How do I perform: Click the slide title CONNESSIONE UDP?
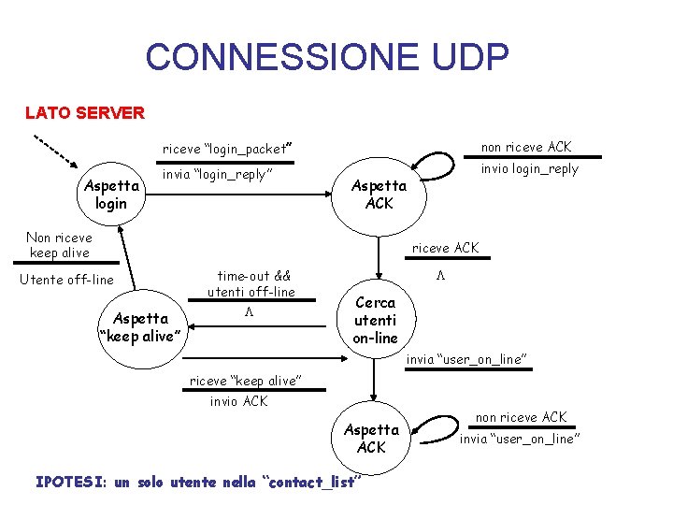click(x=326, y=57)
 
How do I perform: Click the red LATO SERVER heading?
click(x=85, y=113)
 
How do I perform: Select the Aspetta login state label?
click(x=111, y=195)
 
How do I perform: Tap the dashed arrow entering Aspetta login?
click(x=57, y=154)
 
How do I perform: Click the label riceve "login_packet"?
click(x=228, y=149)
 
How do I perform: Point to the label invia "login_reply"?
click(x=218, y=174)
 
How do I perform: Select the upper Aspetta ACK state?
click(x=379, y=195)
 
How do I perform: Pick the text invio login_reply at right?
click(x=530, y=169)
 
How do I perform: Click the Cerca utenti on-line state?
click(x=375, y=320)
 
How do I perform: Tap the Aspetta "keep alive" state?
click(x=140, y=327)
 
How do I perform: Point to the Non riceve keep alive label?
click(x=58, y=245)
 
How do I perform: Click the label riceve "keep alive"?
click(x=245, y=381)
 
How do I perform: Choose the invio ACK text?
click(x=238, y=401)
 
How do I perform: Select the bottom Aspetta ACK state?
click(x=371, y=438)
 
